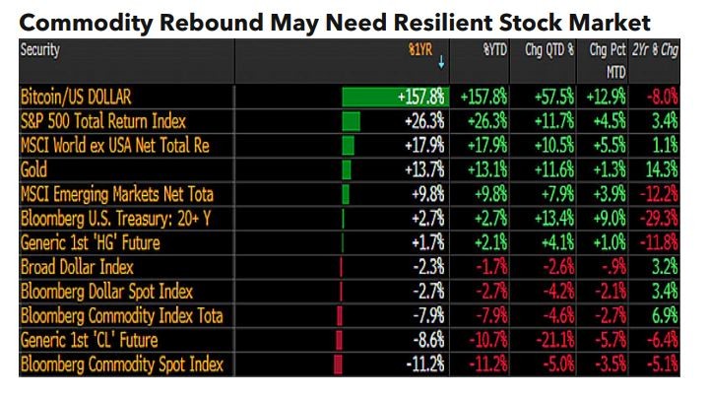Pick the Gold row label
[x=34, y=170]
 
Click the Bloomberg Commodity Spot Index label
[x=121, y=365]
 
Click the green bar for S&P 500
[x=351, y=121]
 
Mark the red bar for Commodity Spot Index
[x=339, y=365]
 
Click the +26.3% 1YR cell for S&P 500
[x=424, y=121]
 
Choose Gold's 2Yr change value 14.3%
[x=661, y=170]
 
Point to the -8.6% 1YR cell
[x=426, y=340]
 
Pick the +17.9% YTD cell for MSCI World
[x=486, y=146]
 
